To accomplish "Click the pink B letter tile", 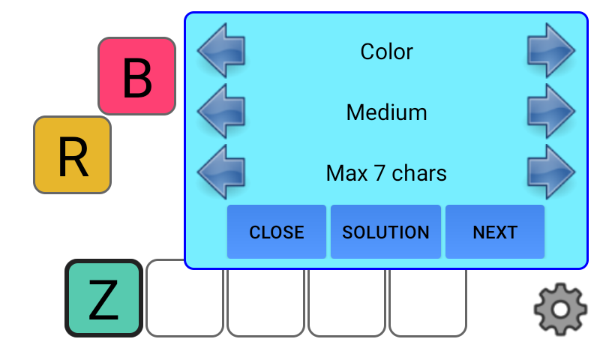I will (136, 76).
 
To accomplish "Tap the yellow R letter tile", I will (72, 155).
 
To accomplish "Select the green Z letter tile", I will (103, 298).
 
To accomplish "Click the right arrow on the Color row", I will (550, 50).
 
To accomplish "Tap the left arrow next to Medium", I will (221, 111).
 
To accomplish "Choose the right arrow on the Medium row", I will (550, 111).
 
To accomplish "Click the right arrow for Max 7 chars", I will (550, 172).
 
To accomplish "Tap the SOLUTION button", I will (385, 232).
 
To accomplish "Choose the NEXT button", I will (495, 232).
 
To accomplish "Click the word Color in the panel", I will (386, 51).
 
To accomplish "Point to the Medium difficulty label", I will (386, 112).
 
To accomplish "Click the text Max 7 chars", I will (386, 173).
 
